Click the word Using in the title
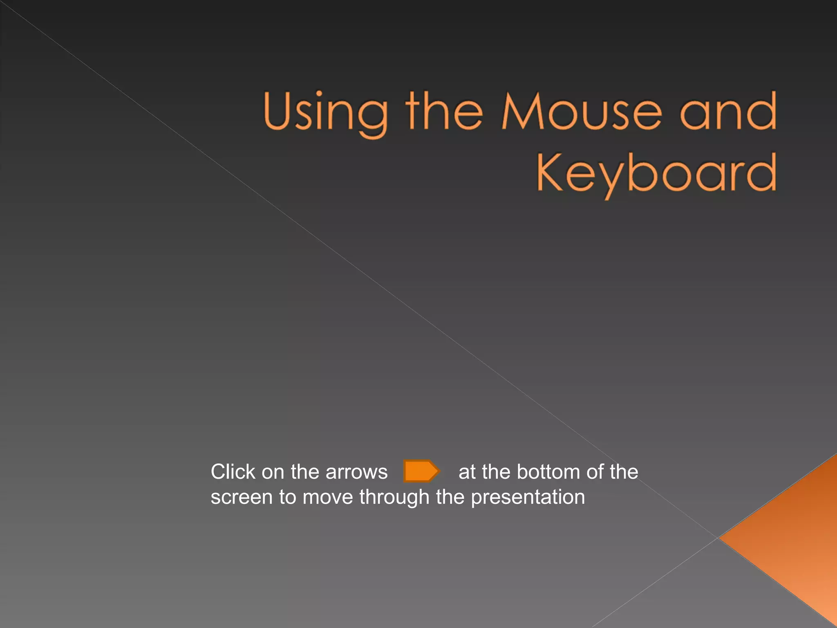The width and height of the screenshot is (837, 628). click(x=325, y=112)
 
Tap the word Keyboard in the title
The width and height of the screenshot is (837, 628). click(x=656, y=174)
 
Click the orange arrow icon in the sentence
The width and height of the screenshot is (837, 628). click(x=421, y=471)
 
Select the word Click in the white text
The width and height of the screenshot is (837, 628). click(x=233, y=472)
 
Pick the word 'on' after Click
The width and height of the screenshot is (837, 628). click(x=273, y=473)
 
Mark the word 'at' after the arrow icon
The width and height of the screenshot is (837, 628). click(x=467, y=472)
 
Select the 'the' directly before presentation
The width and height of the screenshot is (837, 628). click(x=450, y=498)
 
